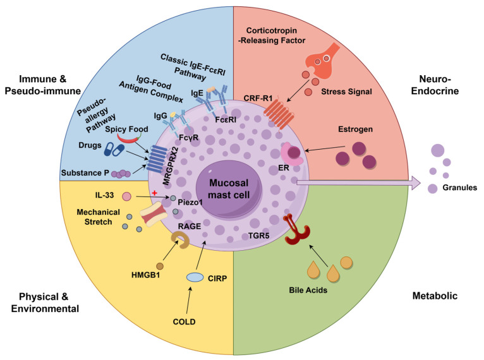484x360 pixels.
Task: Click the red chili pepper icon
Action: pyautogui.click(x=129, y=138)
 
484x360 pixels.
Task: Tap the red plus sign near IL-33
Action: pyautogui.click(x=154, y=193)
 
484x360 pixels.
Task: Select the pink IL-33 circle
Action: pyautogui.click(x=126, y=196)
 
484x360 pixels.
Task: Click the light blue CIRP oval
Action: pyautogui.click(x=195, y=277)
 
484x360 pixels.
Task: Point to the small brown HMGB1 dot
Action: pyautogui.click(x=160, y=266)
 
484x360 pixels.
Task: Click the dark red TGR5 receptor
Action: pyautogui.click(x=296, y=229)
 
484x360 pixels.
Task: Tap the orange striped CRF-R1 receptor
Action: pyautogui.click(x=279, y=115)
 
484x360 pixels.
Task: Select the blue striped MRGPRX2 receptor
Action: pyautogui.click(x=157, y=159)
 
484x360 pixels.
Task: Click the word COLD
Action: pyautogui.click(x=184, y=321)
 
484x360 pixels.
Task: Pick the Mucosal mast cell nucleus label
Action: pyautogui.click(x=229, y=189)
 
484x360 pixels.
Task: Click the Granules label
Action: pyautogui.click(x=459, y=187)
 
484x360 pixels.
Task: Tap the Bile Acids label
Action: pyautogui.click(x=308, y=290)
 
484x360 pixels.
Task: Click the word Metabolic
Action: pyautogui.click(x=435, y=296)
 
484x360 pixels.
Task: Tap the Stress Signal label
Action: pyautogui.click(x=346, y=92)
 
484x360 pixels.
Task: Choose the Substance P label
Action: pyautogui.click(x=85, y=173)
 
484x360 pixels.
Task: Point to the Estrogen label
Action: pyautogui.click(x=355, y=129)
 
